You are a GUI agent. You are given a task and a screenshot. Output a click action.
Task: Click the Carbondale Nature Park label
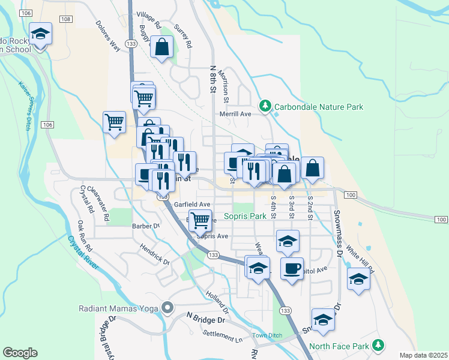click(x=318, y=107)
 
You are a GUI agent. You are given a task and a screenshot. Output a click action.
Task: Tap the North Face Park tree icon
click(x=378, y=346)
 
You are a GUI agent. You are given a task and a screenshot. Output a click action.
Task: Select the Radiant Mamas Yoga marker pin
click(x=167, y=308)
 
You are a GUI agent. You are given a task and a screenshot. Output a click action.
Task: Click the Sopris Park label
click(x=244, y=216)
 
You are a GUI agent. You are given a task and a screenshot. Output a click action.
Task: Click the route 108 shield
click(x=66, y=20)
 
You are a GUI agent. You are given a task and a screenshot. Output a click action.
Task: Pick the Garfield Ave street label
click(x=192, y=204)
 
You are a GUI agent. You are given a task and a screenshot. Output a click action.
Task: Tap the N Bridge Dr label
click(x=205, y=318)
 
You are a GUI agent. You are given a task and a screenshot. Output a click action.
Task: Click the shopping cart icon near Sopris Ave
click(x=200, y=220)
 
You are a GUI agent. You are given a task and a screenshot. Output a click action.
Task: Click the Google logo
click(x=20, y=353)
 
